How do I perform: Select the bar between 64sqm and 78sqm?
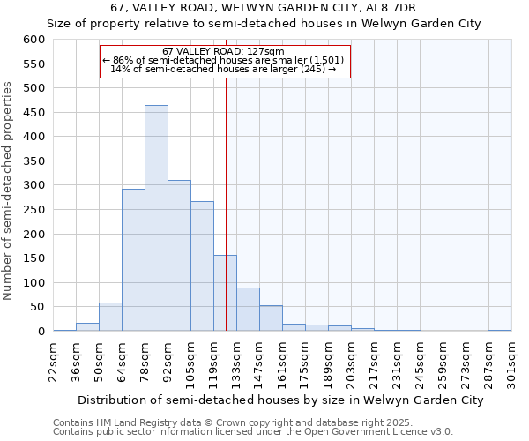point(133,260)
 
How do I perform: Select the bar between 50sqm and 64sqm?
point(110,317)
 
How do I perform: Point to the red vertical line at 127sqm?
point(227,194)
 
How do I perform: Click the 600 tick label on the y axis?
point(34,40)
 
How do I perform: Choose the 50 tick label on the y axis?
point(37,307)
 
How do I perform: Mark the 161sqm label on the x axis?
point(282,360)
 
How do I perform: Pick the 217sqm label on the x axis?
point(374,360)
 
